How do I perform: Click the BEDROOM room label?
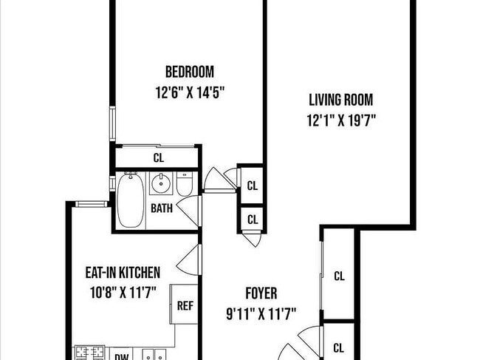click(190, 72)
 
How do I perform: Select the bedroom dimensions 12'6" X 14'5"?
click(190, 93)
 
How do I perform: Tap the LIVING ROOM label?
click(340, 100)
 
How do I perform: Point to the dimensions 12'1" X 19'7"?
click(340, 121)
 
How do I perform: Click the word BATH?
click(162, 208)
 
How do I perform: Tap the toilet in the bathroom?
click(185, 183)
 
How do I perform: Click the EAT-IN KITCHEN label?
click(123, 273)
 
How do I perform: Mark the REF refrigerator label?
click(185, 304)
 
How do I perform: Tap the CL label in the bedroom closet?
click(158, 157)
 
